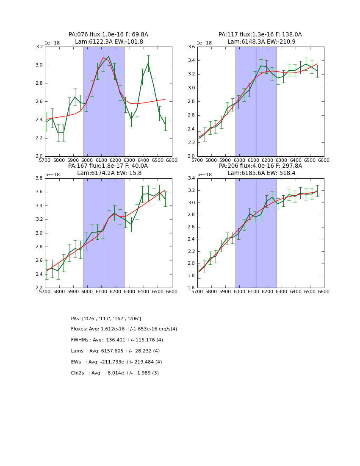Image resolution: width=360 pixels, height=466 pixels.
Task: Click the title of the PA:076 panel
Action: click(x=108, y=35)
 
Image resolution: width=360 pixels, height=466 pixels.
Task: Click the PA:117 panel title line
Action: click(x=260, y=35)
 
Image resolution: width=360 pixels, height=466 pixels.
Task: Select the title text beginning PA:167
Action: click(x=108, y=166)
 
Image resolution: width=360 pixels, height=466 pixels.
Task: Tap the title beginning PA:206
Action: click(x=260, y=166)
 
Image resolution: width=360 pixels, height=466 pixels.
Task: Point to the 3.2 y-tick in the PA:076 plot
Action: click(x=39, y=47)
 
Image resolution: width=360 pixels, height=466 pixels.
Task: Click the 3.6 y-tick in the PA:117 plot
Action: click(x=191, y=47)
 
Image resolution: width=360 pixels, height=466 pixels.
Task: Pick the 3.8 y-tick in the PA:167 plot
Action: click(x=39, y=178)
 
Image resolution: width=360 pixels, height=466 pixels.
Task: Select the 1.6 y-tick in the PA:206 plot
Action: click(x=191, y=288)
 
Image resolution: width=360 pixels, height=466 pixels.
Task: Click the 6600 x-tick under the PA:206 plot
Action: click(x=324, y=292)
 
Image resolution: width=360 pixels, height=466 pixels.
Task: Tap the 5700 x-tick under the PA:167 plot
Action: click(x=45, y=292)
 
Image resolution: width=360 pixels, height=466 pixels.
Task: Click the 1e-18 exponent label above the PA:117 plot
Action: click(x=205, y=43)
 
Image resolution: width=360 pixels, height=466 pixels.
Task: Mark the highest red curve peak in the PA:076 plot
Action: click(x=103, y=58)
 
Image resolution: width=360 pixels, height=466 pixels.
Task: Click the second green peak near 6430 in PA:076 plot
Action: click(x=148, y=63)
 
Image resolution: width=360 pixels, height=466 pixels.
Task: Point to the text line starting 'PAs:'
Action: click(x=106, y=319)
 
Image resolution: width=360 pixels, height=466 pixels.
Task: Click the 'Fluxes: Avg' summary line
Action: click(x=124, y=329)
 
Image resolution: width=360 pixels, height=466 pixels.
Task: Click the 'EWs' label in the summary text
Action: click(x=76, y=362)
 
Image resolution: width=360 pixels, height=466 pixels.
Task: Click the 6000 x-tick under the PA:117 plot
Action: click(x=239, y=161)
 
